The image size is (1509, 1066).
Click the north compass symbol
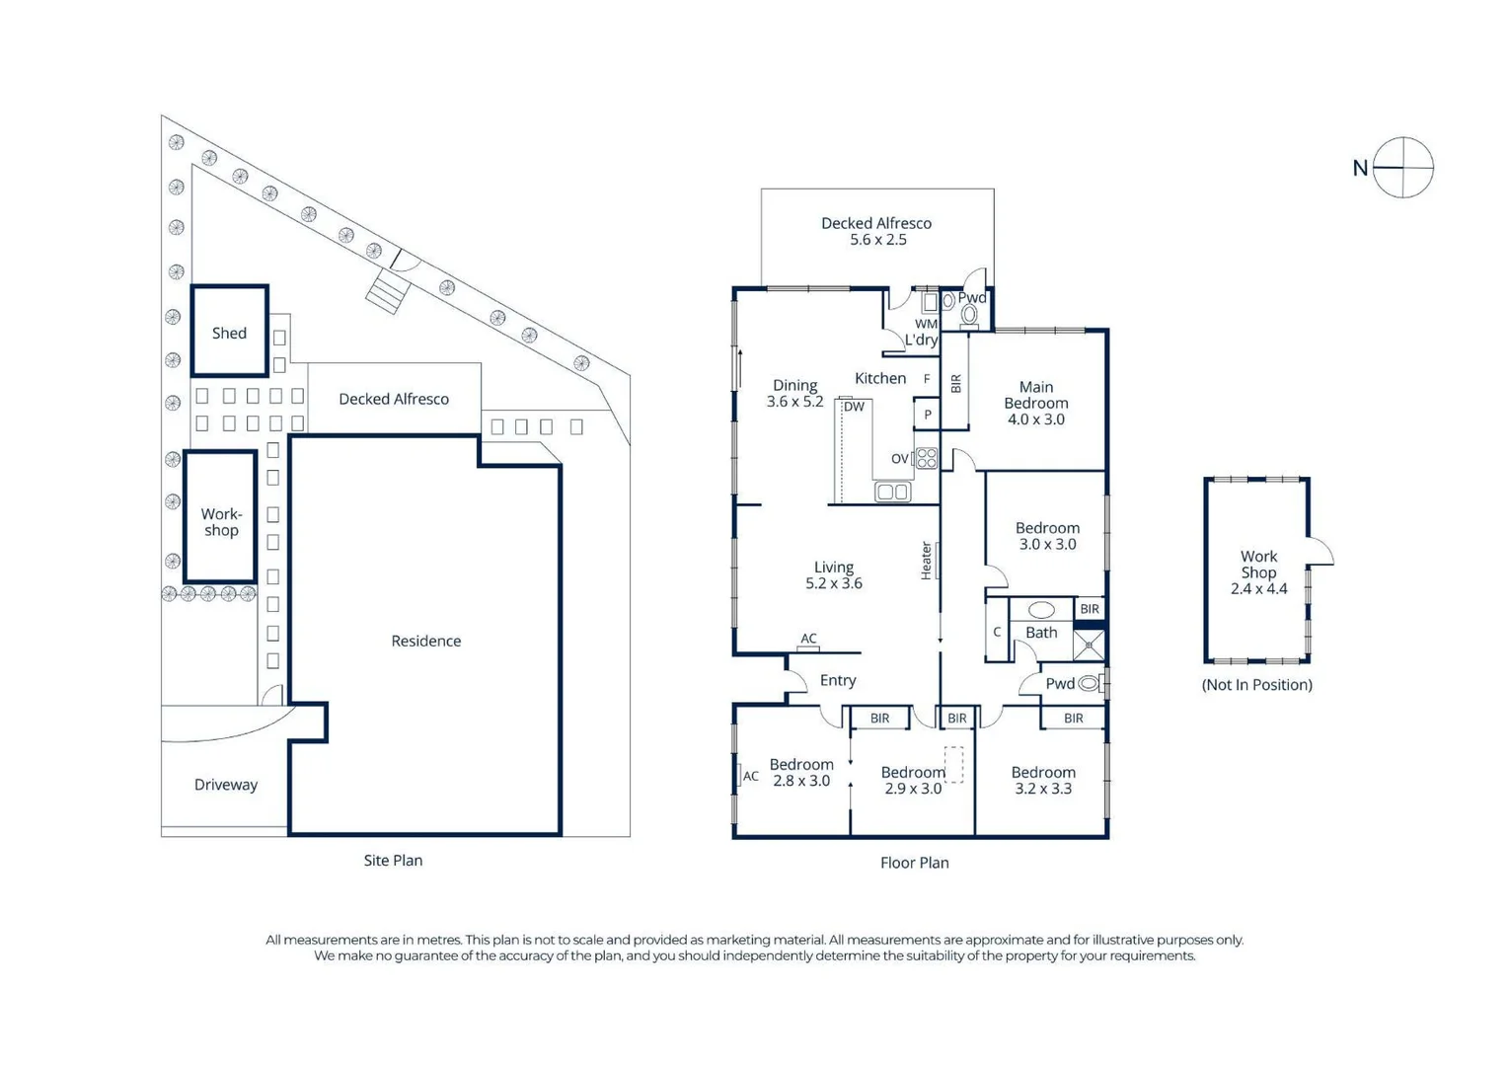(x=1402, y=168)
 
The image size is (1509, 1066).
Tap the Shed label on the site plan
(x=229, y=334)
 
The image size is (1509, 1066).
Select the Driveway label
(x=226, y=785)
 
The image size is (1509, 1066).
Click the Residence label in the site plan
(x=425, y=642)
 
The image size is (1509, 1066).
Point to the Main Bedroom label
(x=1036, y=403)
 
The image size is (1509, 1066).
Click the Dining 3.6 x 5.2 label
(x=794, y=394)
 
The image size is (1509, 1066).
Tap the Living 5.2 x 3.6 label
(x=834, y=575)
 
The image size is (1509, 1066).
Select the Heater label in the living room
(x=927, y=561)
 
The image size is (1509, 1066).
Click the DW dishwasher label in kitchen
(x=854, y=407)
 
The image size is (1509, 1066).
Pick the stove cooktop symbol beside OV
(x=927, y=458)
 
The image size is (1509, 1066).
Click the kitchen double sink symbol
(x=892, y=492)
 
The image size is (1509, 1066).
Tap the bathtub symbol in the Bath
(x=1041, y=610)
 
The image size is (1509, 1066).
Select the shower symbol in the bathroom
(x=1089, y=646)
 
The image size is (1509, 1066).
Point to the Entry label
(x=837, y=681)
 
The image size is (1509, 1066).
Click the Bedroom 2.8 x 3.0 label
(x=801, y=773)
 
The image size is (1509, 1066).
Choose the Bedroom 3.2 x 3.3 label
(x=1043, y=781)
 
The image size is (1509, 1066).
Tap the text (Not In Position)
(x=1256, y=685)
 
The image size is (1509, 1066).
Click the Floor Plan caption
(x=914, y=863)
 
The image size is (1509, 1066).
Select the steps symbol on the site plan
(x=387, y=292)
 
